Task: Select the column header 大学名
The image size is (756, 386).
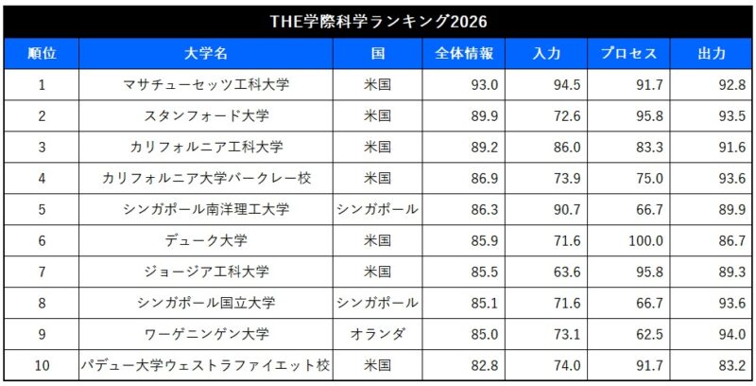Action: (206, 54)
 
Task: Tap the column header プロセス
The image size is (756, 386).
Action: (628, 54)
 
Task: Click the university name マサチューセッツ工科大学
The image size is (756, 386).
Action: (206, 85)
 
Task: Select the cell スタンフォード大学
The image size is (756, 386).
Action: (206, 116)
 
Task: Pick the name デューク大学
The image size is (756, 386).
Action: (206, 240)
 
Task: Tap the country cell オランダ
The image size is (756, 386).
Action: (377, 334)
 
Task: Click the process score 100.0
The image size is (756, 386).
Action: (646, 240)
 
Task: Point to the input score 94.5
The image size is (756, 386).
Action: (566, 85)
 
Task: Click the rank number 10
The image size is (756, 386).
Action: (41, 365)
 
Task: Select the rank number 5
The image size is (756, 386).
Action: (41, 209)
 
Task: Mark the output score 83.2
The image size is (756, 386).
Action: (730, 365)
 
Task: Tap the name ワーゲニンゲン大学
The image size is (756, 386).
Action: (206, 334)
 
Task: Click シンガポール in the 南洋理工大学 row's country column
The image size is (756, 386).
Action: (377, 209)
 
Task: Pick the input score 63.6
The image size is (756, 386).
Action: (566, 272)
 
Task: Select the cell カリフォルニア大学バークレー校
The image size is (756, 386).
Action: (206, 178)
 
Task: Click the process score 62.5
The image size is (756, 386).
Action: (649, 334)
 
